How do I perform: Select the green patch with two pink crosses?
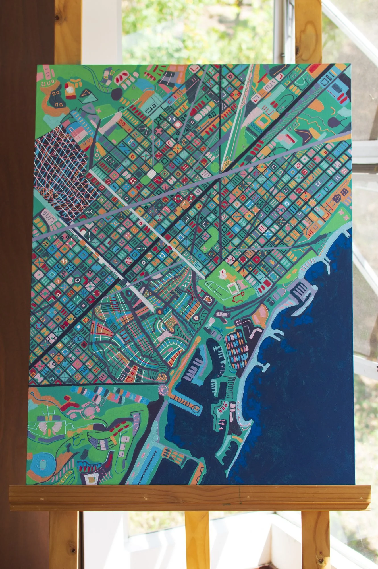click(341, 216)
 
